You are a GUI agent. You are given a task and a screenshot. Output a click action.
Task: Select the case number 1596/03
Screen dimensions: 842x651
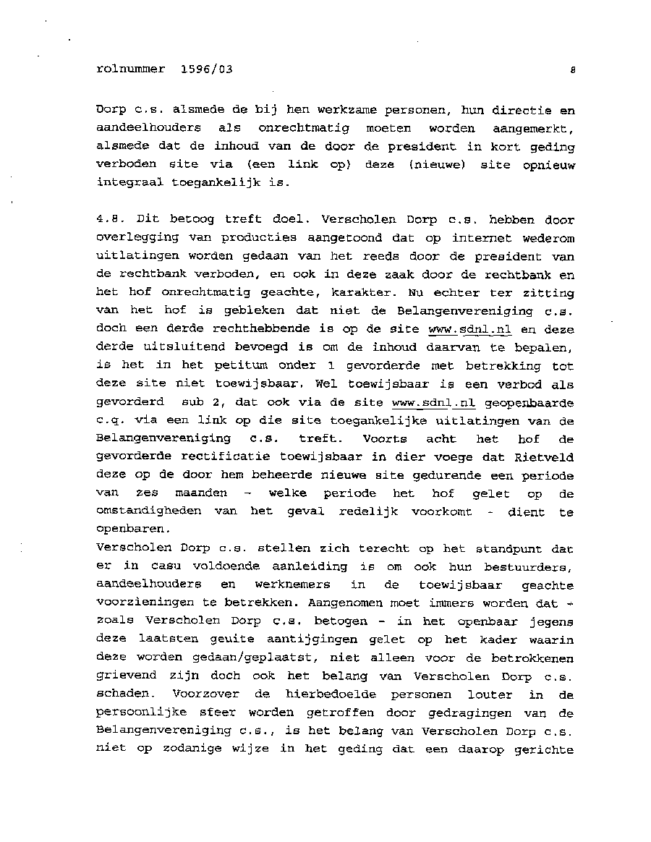coord(203,70)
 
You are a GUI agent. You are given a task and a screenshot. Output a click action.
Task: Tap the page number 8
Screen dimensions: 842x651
coord(571,71)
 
